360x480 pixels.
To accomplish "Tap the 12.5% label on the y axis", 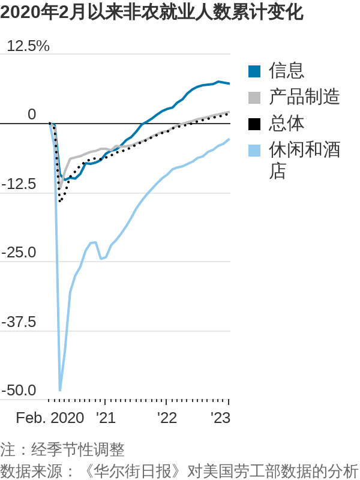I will [28, 46].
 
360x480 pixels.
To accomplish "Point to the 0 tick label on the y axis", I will [32, 114].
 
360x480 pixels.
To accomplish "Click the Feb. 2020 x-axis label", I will [50, 418].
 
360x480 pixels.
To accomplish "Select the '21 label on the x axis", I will [105, 418].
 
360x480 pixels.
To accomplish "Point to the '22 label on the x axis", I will [167, 418].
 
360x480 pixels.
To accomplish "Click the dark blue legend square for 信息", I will [254, 71].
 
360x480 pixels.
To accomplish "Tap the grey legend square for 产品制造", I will [254, 98].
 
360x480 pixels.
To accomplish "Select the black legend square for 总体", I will [254, 124].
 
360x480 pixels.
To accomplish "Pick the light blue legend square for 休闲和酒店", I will [254, 151].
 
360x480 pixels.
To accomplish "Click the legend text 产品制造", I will [304, 97].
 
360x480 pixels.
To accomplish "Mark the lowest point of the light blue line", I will [60, 390].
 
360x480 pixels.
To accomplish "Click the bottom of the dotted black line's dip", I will [59, 201].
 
